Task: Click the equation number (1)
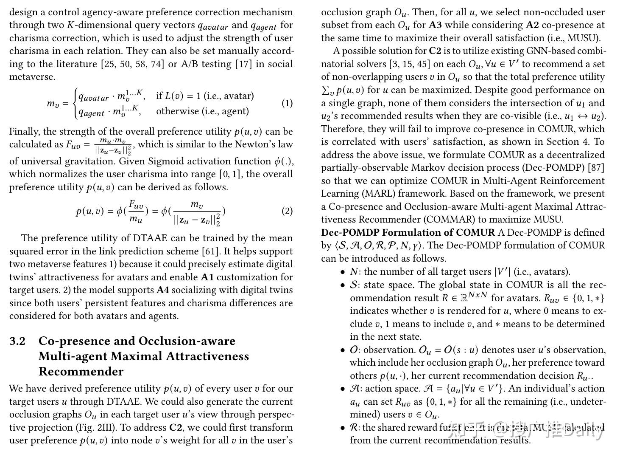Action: point(287,103)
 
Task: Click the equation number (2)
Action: point(287,211)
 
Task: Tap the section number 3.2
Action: point(18,341)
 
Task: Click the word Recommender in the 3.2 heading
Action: point(81,372)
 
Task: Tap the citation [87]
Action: point(596,168)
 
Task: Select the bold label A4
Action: point(163,290)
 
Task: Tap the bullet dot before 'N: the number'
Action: point(343,272)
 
